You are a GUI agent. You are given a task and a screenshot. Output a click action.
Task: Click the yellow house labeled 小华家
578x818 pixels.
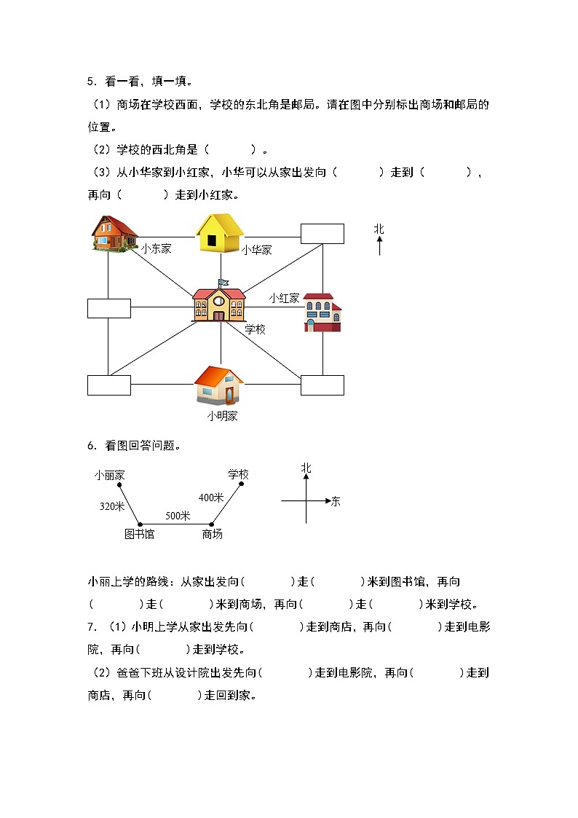(x=219, y=233)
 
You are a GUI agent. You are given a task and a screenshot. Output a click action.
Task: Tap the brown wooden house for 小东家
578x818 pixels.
(x=114, y=233)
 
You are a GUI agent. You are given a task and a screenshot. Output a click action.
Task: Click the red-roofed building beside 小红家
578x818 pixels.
(x=322, y=312)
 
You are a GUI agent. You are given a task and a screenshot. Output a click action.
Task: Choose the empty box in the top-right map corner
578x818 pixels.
(x=322, y=233)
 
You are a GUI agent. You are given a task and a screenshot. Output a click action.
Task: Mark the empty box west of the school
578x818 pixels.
(x=109, y=308)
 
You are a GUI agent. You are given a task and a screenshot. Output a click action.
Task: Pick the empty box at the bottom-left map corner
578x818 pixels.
(x=109, y=385)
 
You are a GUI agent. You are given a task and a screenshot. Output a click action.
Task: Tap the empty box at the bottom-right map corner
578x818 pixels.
(x=322, y=385)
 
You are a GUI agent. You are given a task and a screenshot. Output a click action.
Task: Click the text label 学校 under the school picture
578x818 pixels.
(x=255, y=329)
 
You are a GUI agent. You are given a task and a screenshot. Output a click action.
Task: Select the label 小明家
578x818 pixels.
(x=222, y=417)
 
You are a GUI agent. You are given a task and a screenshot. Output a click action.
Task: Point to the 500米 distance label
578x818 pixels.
(x=178, y=515)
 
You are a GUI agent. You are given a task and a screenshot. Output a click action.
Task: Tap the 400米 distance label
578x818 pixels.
(x=211, y=498)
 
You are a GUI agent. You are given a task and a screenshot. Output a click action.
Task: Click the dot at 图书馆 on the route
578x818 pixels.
(x=139, y=524)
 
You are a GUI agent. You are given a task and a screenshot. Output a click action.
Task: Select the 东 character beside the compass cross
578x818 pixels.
(x=335, y=501)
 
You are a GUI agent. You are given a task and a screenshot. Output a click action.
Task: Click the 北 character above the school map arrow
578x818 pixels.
(x=379, y=229)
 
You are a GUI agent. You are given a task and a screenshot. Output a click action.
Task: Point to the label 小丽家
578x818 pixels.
(x=109, y=475)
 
